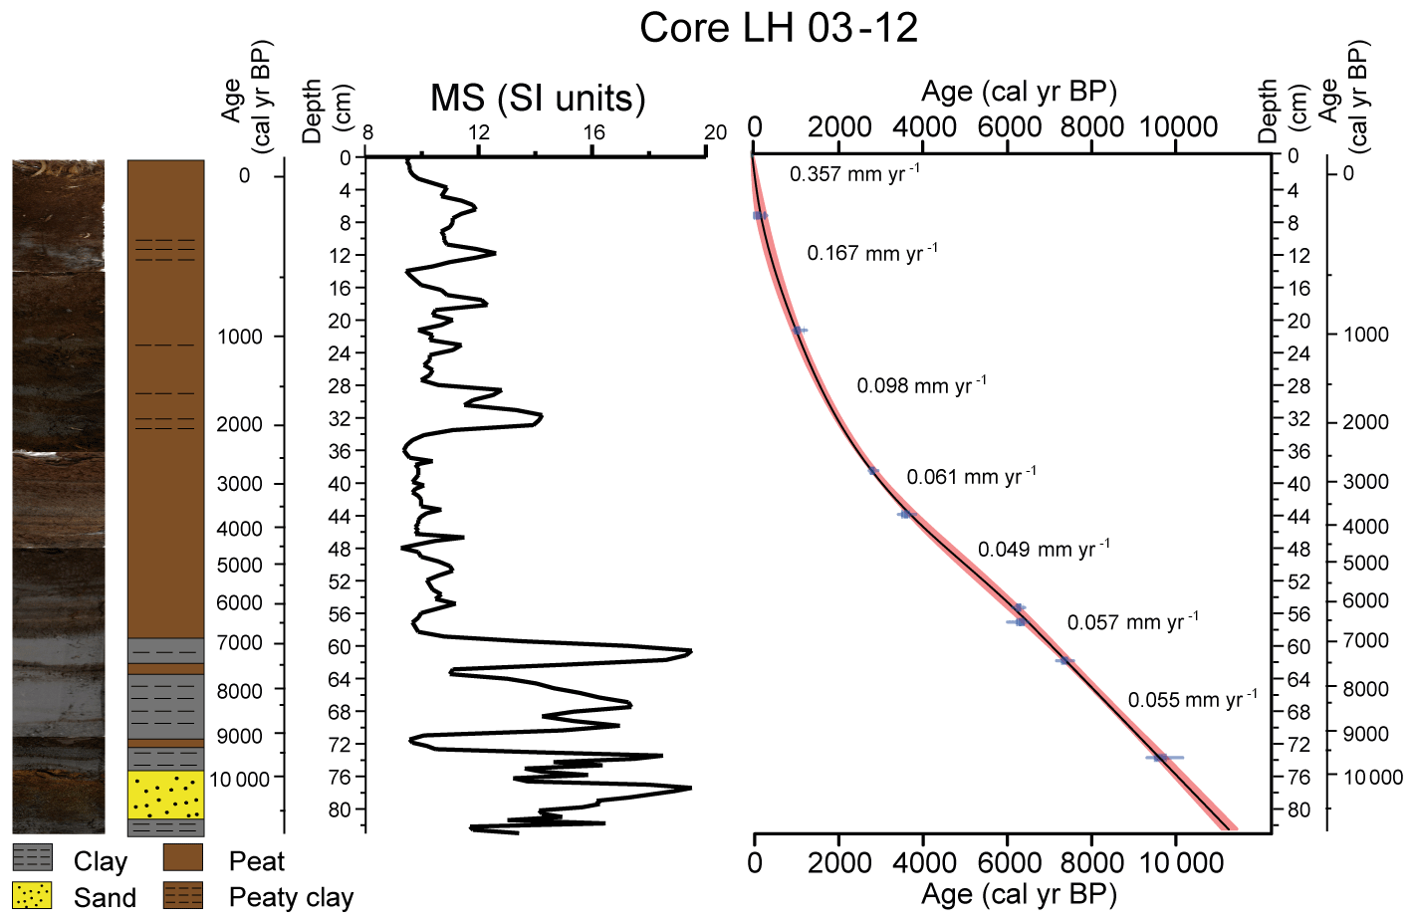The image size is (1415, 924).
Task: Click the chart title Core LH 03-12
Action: [x=778, y=28]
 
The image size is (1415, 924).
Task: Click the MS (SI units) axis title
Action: [x=538, y=99]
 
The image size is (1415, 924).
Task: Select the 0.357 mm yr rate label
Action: [x=853, y=174]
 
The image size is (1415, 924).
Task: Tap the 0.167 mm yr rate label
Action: [x=871, y=253]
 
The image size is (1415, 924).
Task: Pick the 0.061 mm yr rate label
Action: [x=970, y=477]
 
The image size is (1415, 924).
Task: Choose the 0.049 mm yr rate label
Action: [x=1043, y=549]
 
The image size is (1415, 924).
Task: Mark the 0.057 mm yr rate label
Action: [x=1132, y=622]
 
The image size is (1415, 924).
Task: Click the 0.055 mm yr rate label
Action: [x=1192, y=700]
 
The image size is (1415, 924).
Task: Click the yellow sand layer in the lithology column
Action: [x=165, y=794]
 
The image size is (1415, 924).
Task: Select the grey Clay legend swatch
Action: [x=32, y=858]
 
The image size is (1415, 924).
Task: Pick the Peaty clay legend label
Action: [x=291, y=897]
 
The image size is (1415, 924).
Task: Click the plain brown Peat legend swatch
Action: [x=182, y=858]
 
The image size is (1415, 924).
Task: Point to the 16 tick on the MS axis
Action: [x=593, y=133]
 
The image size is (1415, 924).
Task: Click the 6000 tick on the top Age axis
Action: [x=1009, y=127]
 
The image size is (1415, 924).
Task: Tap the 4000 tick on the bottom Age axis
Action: [x=923, y=862]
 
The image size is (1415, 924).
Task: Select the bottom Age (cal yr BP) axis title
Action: [x=1019, y=894]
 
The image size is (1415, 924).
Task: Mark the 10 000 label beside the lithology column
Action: [x=239, y=780]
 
